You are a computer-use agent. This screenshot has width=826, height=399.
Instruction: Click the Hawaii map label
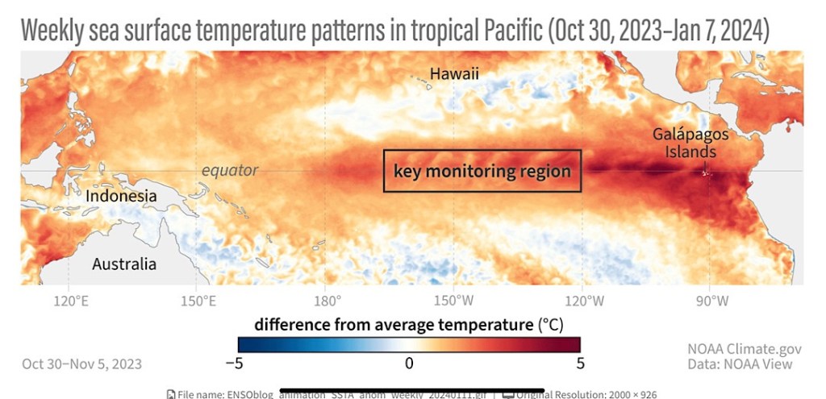click(x=454, y=74)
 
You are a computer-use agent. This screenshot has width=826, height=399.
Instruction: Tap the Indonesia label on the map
click(x=122, y=196)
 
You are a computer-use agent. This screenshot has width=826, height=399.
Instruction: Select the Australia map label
click(x=124, y=264)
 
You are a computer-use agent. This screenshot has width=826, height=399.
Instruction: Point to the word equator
click(x=230, y=170)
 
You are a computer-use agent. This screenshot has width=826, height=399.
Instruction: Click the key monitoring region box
click(x=482, y=171)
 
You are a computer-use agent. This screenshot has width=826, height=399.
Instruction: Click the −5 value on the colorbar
click(x=234, y=363)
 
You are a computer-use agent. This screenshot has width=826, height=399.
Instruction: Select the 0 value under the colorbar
click(x=409, y=363)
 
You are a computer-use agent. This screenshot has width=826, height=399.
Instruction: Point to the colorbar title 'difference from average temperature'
click(x=394, y=325)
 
